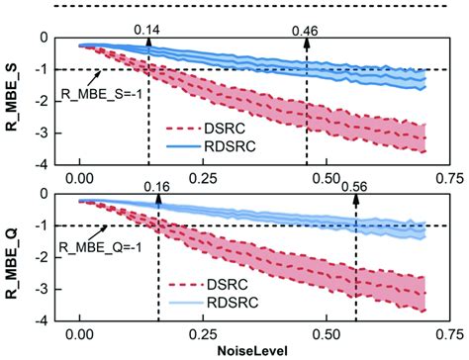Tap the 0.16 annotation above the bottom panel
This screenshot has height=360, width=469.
click(x=158, y=185)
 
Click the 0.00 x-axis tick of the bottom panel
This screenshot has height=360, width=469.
click(x=80, y=333)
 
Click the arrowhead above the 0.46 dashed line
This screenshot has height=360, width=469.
click(x=307, y=43)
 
